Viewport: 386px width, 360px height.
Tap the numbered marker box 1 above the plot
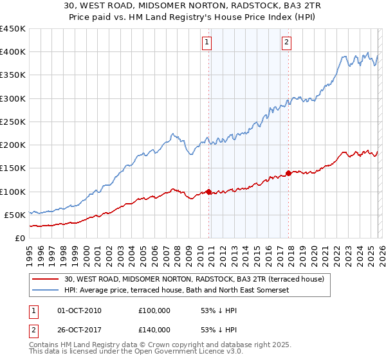tap(207, 43)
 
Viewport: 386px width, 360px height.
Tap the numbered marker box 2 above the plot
tap(286, 43)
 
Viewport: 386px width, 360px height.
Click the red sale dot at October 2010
tap(208, 192)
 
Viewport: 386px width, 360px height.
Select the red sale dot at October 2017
tap(289, 173)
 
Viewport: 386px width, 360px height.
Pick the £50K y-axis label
tap(15, 215)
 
